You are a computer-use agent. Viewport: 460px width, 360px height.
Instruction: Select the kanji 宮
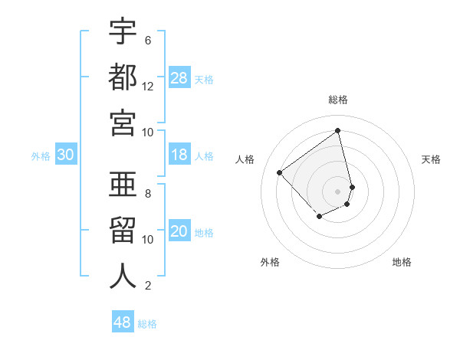pyautogui.click(x=123, y=122)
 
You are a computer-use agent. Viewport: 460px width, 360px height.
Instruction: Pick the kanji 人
pyautogui.click(x=123, y=276)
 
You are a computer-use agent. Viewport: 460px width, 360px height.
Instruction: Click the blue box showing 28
pyautogui.click(x=179, y=77)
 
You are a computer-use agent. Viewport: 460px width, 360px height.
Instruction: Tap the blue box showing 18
pyautogui.click(x=179, y=155)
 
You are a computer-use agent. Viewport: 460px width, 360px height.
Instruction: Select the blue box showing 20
pyautogui.click(x=179, y=232)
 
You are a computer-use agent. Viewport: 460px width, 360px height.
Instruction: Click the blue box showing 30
pyautogui.click(x=66, y=155)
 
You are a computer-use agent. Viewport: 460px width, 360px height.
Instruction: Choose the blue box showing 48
pyautogui.click(x=123, y=322)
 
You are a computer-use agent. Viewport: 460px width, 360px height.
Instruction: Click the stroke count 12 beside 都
pyautogui.click(x=148, y=87)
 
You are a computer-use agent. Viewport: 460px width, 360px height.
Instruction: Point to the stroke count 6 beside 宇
pyautogui.click(x=148, y=40)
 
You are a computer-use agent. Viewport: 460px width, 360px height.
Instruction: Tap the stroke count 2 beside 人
pyautogui.click(x=148, y=286)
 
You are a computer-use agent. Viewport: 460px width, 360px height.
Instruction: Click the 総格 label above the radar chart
pyautogui.click(x=338, y=100)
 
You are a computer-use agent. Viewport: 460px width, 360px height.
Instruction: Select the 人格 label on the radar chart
pyautogui.click(x=245, y=159)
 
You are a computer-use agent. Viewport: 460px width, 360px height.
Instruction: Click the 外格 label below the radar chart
pyautogui.click(x=270, y=263)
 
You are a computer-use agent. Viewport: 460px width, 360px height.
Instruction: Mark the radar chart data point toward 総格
pyautogui.click(x=338, y=130)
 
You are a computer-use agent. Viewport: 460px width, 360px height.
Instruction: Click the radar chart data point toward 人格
pyautogui.click(x=280, y=172)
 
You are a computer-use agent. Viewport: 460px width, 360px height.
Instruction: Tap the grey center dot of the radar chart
pyautogui.click(x=338, y=191)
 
